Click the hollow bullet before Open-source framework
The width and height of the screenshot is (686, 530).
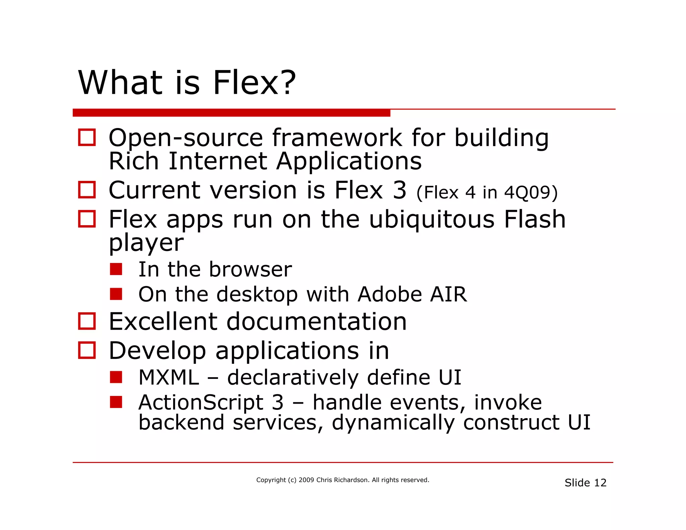[87, 137]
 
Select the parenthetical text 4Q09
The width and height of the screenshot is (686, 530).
[530, 192]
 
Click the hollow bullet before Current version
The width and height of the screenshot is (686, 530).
[87, 190]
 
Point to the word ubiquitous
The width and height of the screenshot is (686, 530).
[431, 220]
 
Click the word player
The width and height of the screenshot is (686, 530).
[146, 243]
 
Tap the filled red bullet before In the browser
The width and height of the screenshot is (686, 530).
[116, 269]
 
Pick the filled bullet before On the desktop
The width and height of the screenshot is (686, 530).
[116, 294]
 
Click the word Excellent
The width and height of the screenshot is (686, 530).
[163, 321]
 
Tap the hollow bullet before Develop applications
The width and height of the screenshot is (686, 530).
[87, 350]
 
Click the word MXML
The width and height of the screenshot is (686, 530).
[168, 378]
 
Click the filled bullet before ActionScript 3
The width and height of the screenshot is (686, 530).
[116, 402]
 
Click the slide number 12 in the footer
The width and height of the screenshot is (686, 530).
[600, 483]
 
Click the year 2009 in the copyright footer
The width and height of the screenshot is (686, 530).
[306, 480]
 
